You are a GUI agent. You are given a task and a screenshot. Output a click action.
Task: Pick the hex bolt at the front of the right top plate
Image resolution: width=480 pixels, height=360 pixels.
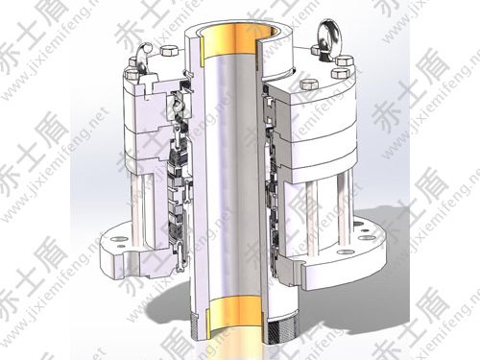(307, 84)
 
